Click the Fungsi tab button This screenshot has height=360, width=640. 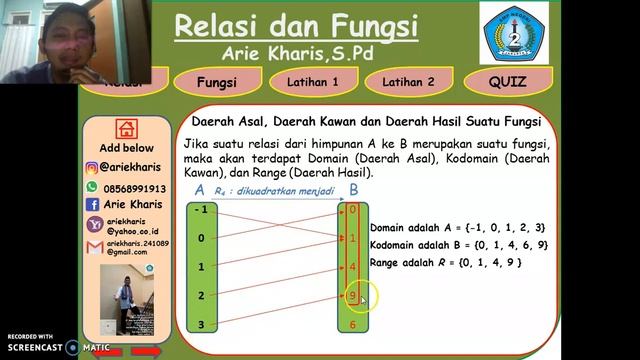point(217,82)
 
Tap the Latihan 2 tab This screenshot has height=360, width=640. point(408,82)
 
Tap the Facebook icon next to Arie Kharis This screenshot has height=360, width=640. point(93,204)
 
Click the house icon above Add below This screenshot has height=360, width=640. point(126,128)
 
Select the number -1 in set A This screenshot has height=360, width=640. point(202,209)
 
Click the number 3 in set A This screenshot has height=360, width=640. point(202,325)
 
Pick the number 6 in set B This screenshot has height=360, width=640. point(352,325)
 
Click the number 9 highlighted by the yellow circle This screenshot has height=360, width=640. point(352,296)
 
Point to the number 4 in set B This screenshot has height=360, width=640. point(352,267)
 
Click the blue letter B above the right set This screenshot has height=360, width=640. point(354,190)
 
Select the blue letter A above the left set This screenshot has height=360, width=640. point(199,190)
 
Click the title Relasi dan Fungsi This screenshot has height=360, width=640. point(298,24)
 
